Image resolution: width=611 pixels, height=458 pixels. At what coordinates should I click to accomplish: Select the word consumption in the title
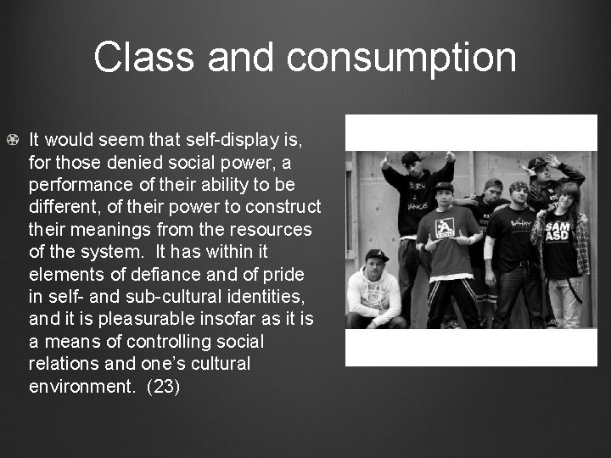401,58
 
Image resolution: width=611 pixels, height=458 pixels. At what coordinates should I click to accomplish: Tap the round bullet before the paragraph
12,137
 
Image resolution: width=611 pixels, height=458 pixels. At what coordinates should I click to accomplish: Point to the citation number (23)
164,387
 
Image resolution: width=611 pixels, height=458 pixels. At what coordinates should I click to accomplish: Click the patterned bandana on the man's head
519,187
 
